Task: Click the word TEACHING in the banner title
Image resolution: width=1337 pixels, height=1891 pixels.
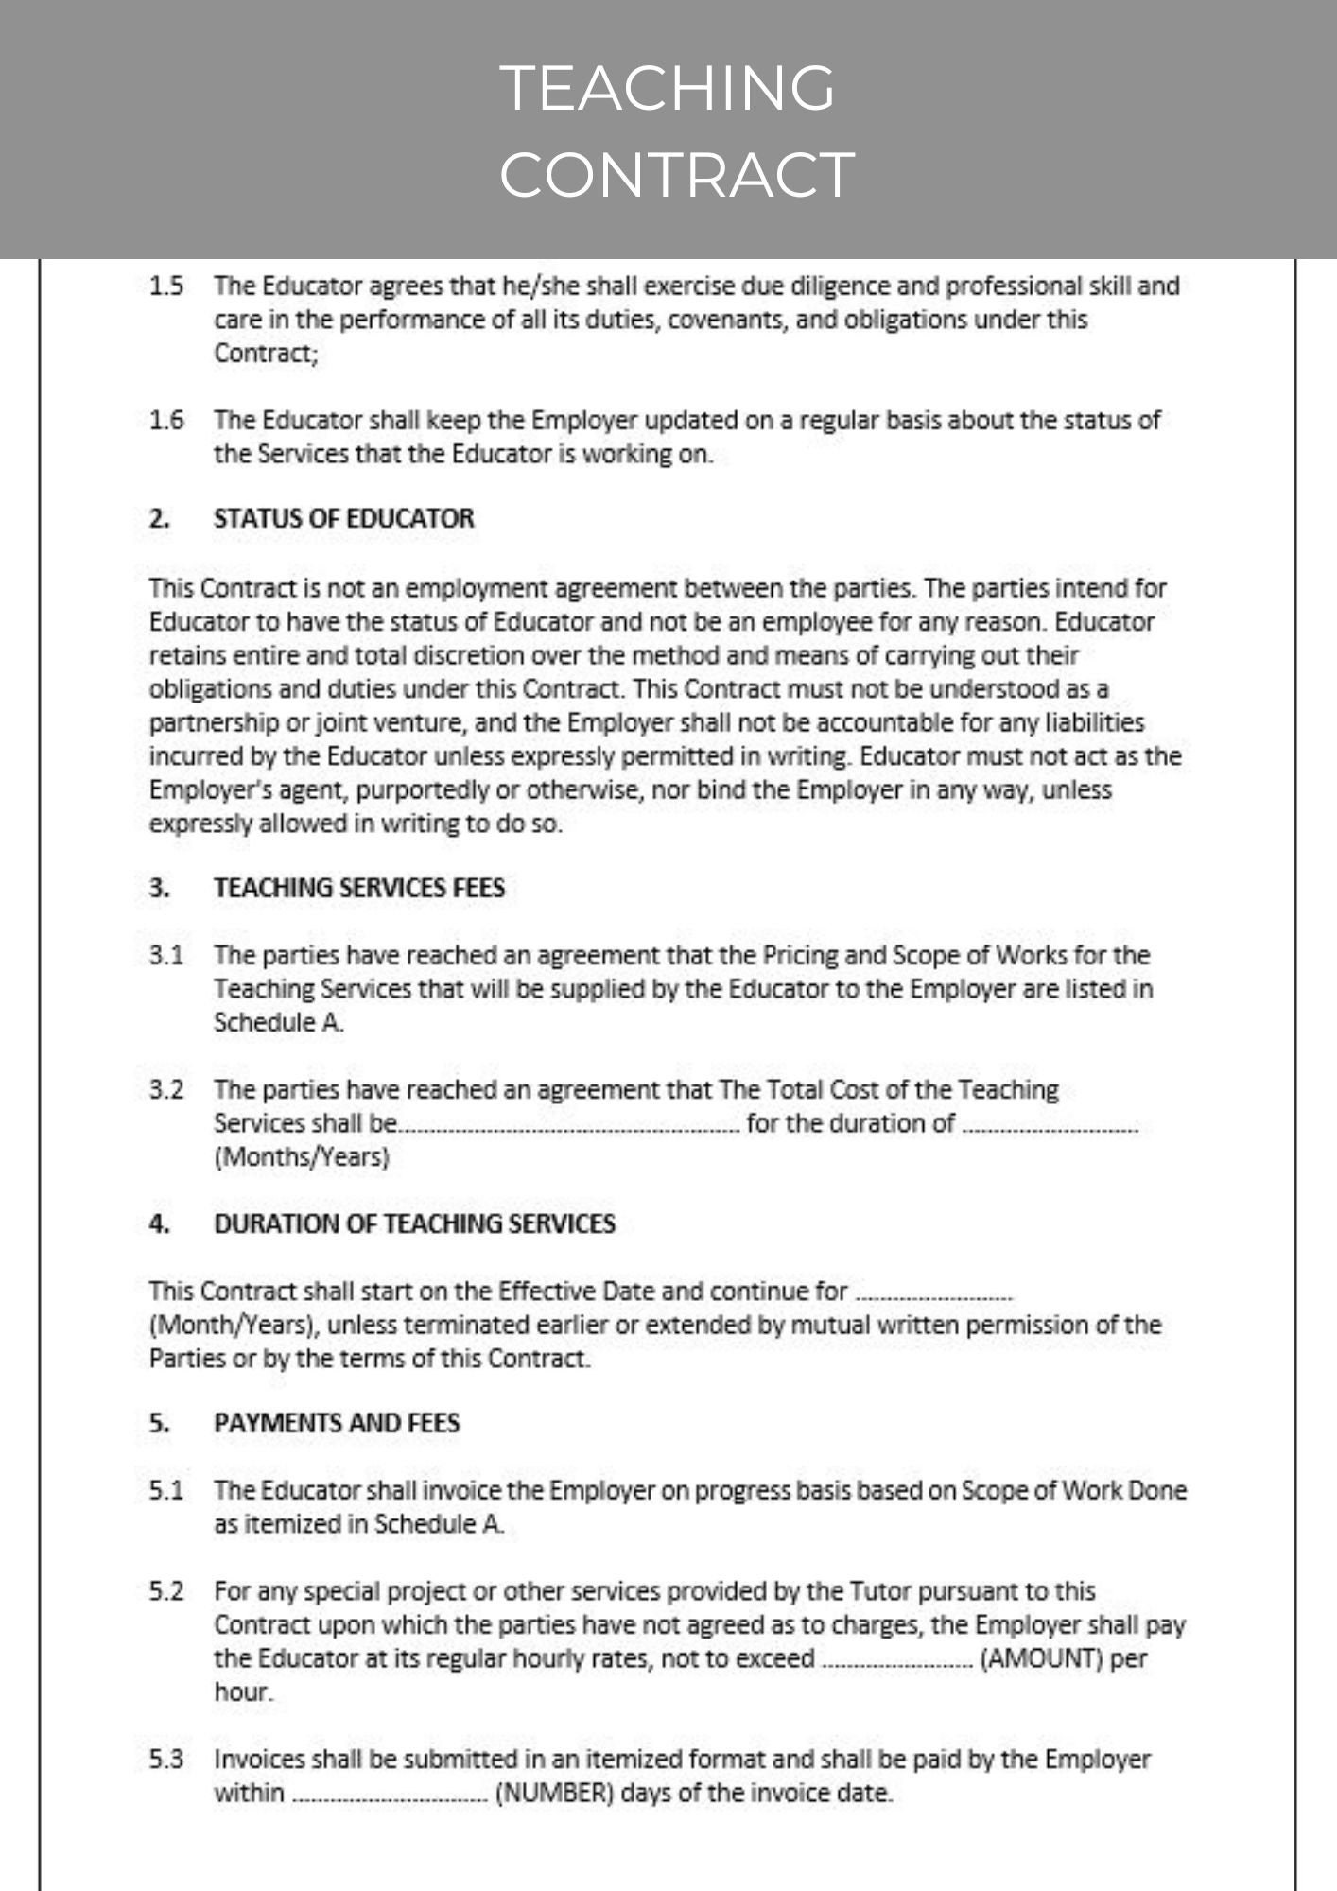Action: tap(668, 88)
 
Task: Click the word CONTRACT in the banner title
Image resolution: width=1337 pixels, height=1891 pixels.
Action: tap(676, 174)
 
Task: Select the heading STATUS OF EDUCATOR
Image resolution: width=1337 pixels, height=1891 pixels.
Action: tap(343, 518)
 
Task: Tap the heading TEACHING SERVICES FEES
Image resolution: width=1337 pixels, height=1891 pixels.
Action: tap(359, 888)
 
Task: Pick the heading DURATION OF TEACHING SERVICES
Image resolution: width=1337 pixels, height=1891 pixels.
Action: tap(414, 1223)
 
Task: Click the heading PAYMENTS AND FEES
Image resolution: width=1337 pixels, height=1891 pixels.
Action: tap(337, 1423)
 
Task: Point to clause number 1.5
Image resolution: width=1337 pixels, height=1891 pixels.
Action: tap(166, 286)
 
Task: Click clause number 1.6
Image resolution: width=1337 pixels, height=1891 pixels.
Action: tap(166, 420)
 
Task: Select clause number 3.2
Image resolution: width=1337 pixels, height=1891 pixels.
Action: tap(166, 1089)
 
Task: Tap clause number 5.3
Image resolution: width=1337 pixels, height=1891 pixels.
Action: tap(166, 1760)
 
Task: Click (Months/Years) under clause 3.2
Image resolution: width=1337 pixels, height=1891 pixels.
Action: tap(302, 1156)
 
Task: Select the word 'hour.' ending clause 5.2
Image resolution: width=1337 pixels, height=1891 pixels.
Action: tap(243, 1692)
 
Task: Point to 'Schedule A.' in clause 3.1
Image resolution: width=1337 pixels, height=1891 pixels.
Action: tap(278, 1023)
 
